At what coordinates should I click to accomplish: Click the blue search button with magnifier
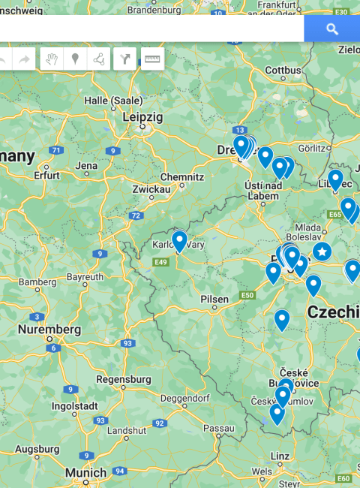click(331, 29)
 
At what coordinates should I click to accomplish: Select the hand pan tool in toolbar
click(52, 59)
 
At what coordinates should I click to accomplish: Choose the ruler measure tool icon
click(152, 59)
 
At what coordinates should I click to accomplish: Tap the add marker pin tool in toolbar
click(76, 59)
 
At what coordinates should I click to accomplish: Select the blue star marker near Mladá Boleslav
click(322, 251)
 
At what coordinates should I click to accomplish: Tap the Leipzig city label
click(142, 117)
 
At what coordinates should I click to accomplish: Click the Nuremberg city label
click(49, 330)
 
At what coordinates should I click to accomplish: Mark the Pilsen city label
click(214, 299)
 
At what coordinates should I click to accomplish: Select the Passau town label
click(219, 427)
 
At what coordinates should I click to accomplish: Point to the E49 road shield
click(160, 261)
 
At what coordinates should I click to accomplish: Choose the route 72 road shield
click(135, 215)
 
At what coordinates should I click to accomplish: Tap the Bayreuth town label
click(85, 277)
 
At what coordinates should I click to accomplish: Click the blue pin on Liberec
click(335, 179)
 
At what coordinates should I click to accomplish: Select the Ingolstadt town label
click(75, 406)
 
